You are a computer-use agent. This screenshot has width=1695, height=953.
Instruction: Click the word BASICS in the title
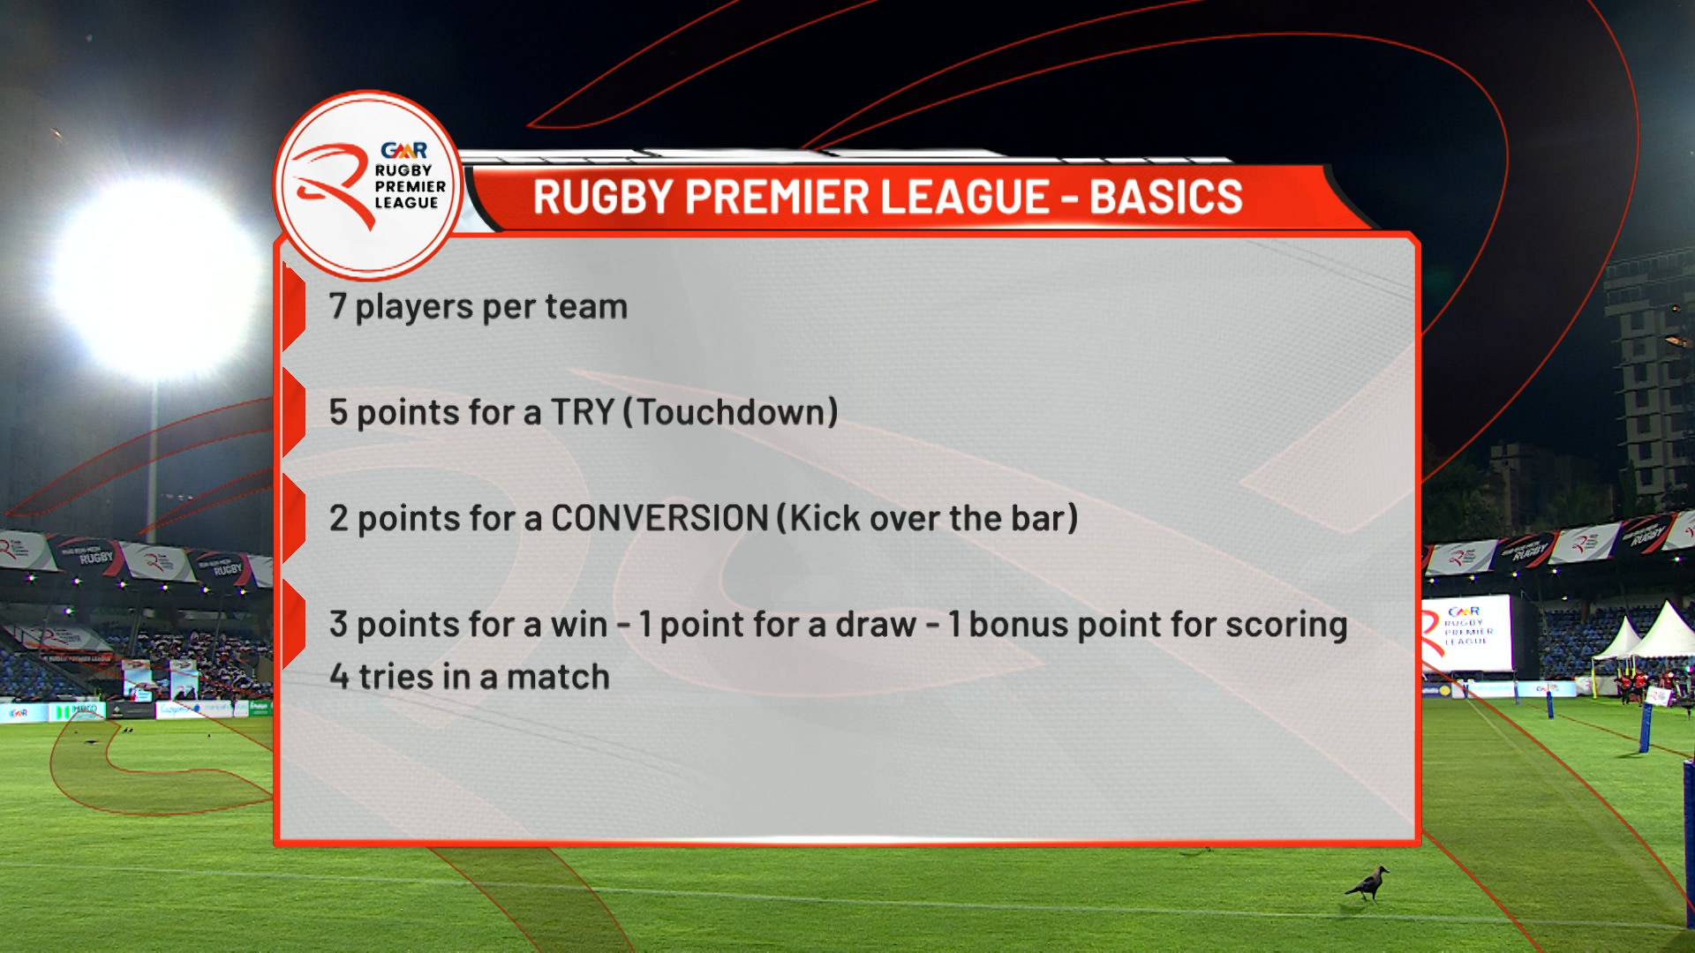tap(1165, 197)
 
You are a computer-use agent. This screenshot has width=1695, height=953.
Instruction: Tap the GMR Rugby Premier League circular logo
tap(367, 185)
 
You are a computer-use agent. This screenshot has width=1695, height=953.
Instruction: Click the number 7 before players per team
tap(337, 306)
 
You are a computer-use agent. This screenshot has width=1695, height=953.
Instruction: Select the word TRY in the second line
tap(582, 412)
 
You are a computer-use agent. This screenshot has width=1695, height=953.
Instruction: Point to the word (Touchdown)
tap(730, 412)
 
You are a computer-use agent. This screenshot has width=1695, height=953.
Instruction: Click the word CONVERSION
tap(659, 518)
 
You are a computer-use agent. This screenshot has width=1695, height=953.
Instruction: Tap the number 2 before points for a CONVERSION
tap(338, 518)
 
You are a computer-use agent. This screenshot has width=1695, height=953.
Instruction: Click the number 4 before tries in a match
tap(339, 677)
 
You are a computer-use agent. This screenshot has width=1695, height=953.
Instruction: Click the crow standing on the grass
tap(1367, 882)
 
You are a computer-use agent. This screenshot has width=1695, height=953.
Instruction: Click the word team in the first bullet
tap(586, 306)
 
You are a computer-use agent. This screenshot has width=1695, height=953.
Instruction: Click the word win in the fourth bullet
tap(579, 624)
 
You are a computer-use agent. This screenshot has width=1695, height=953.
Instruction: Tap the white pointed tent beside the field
tap(1664, 630)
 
